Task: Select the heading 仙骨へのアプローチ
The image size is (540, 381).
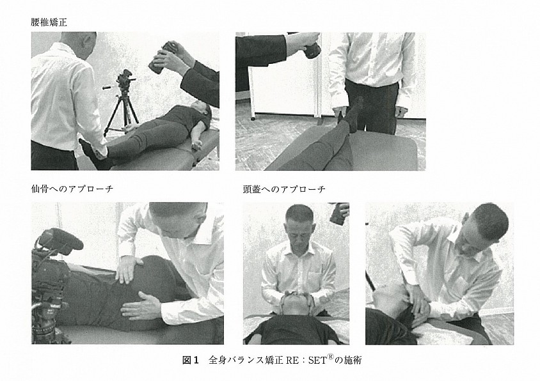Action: pos(72,189)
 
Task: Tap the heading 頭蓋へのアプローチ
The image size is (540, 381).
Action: pos(284,189)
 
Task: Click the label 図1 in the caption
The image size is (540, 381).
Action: pos(191,360)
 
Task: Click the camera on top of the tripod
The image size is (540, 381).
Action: pos(125,79)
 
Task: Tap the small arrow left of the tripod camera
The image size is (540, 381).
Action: pos(108,88)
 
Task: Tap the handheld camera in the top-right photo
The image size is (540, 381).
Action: pos(312,48)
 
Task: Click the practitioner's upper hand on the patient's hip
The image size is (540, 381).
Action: pos(128,268)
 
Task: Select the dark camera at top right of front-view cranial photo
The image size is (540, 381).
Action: pos(339,214)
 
